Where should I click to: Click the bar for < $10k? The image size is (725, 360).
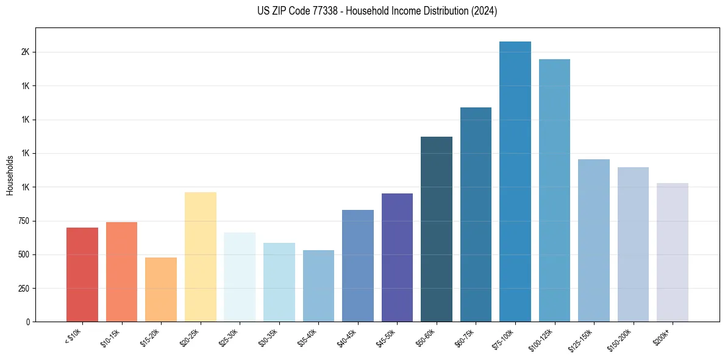(x=82, y=275)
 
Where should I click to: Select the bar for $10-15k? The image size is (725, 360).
(x=121, y=272)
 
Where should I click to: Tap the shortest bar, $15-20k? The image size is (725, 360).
(x=161, y=290)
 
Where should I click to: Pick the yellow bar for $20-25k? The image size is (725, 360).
(x=200, y=257)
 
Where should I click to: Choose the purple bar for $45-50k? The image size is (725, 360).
(x=397, y=257)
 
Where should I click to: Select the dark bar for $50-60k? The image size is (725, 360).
(x=437, y=229)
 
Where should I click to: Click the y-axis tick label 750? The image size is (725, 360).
(x=23, y=221)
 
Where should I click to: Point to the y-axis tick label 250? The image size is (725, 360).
(x=23, y=288)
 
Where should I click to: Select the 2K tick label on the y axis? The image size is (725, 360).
(x=25, y=52)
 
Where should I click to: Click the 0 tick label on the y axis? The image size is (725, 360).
(x=28, y=322)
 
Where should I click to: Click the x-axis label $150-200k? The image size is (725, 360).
(x=620, y=339)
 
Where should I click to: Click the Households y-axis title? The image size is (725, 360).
(x=10, y=175)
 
